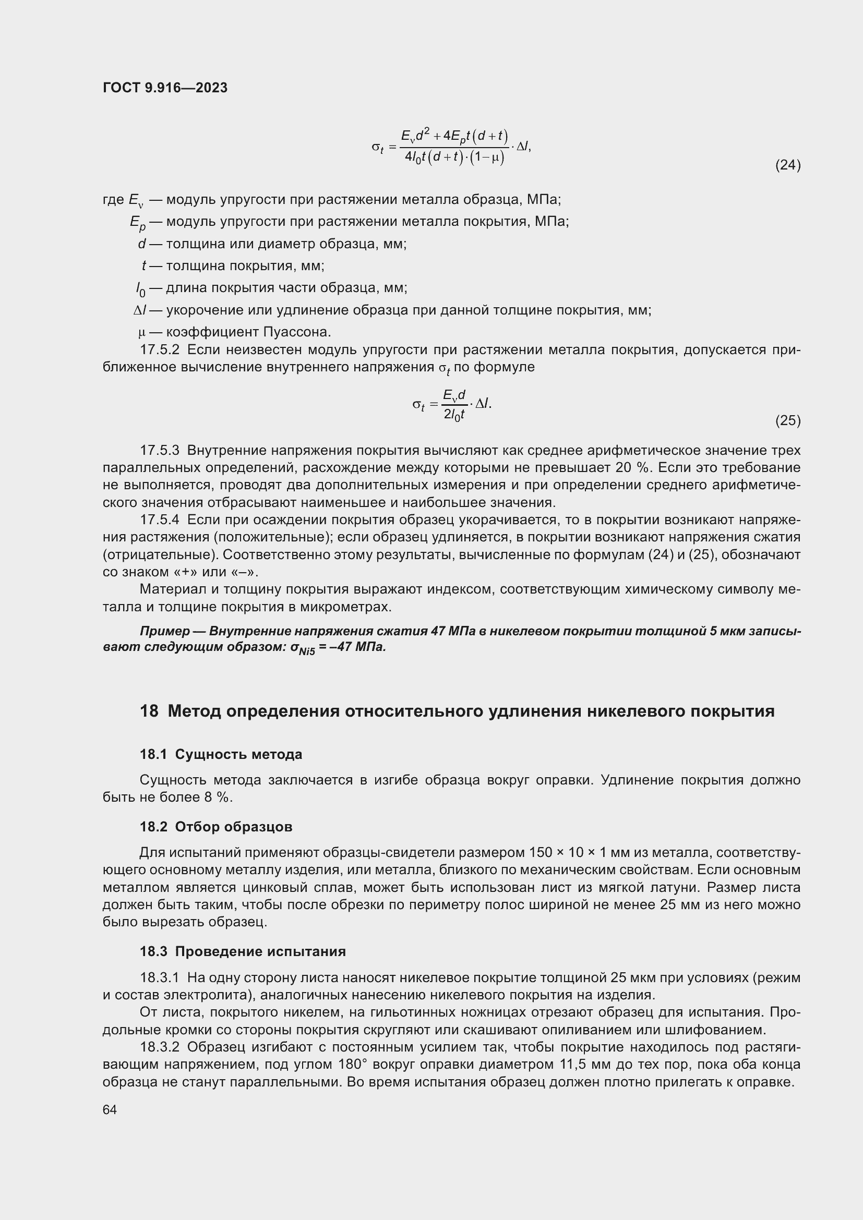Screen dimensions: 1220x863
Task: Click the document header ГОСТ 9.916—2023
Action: (x=165, y=88)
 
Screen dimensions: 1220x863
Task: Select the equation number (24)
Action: (x=787, y=165)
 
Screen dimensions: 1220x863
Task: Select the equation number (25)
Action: (x=787, y=421)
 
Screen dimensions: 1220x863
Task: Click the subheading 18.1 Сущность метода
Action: (x=221, y=755)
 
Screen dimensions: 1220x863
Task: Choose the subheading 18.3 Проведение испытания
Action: (x=242, y=952)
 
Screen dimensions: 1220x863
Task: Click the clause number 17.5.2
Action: (x=160, y=350)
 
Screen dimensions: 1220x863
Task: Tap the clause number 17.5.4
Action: (x=160, y=520)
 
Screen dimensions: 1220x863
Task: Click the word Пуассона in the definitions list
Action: (x=296, y=333)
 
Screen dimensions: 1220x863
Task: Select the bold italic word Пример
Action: (x=164, y=631)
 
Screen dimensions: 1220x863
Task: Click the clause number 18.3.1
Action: (x=160, y=978)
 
